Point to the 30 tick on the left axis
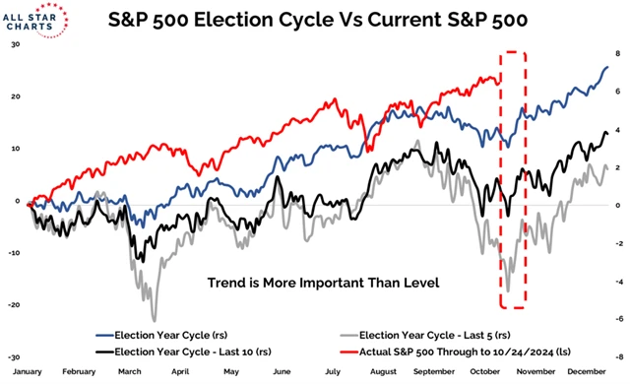(x=14, y=44)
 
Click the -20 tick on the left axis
(x=12, y=304)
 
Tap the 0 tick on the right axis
(x=616, y=206)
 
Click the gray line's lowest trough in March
(x=154, y=319)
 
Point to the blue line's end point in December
(x=605, y=67)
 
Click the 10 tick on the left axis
(x=14, y=149)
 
